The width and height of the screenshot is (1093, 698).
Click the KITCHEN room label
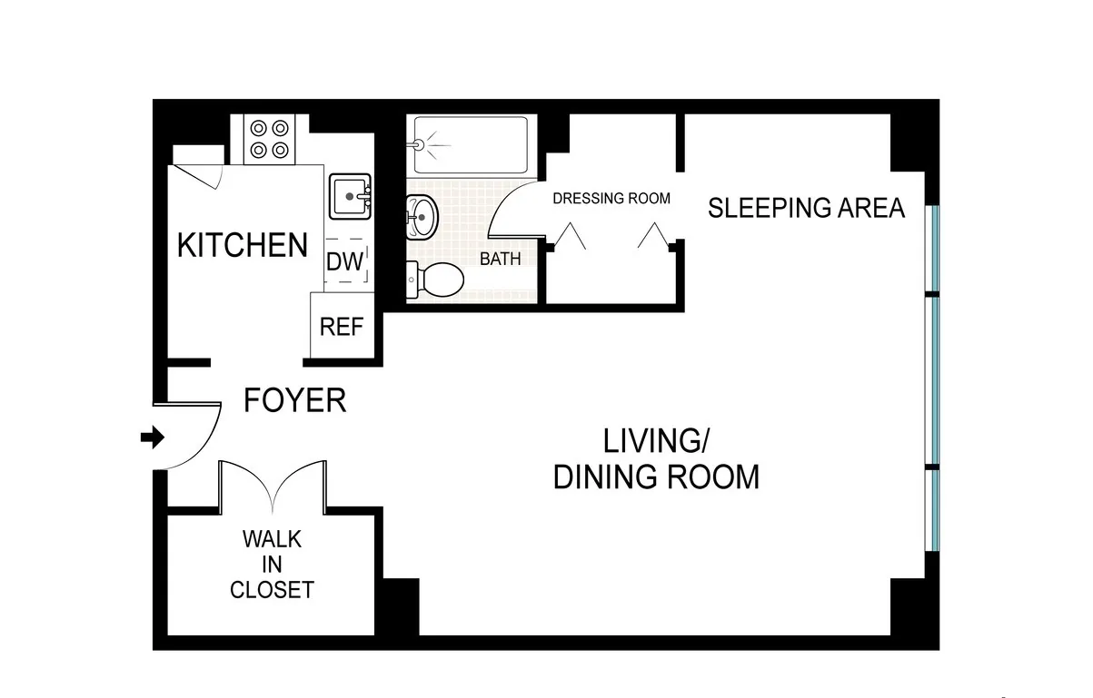[243, 245]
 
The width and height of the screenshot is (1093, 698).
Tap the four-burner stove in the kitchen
[269, 139]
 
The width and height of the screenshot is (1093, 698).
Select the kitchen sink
[350, 196]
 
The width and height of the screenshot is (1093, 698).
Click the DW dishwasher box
[345, 262]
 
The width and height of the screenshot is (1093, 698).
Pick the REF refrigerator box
[342, 326]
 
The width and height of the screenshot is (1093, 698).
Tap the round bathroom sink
[421, 217]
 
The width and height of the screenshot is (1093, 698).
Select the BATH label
[501, 259]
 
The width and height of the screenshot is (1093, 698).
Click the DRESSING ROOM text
[611, 198]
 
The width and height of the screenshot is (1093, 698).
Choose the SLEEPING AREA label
[806, 208]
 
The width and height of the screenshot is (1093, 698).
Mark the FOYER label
[295, 400]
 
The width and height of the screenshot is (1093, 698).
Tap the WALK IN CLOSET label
[272, 565]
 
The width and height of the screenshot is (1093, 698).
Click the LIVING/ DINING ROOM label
[656, 458]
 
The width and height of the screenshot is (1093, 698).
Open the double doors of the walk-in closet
[273, 486]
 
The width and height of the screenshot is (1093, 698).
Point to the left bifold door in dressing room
[570, 237]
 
